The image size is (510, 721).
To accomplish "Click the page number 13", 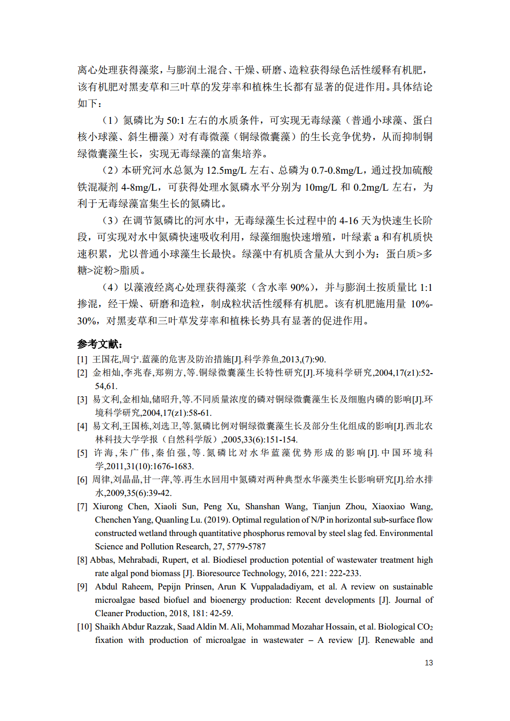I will tap(428, 663).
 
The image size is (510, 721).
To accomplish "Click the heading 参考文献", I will tap(100, 344).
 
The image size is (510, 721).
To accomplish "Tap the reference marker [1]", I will tap(82, 359).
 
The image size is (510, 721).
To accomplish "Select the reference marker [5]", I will tap(82, 453).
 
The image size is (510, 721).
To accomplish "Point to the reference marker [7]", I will tap(82, 506).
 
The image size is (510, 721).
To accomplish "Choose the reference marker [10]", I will tap(84, 626).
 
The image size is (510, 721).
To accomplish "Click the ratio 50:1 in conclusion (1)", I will tap(175, 120).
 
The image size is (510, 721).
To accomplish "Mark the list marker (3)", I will tap(111, 220).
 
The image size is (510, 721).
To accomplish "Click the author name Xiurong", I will tap(107, 506).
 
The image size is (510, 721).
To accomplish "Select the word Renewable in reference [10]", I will tap(394, 640).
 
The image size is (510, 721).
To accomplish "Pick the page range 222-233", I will tap(344, 573).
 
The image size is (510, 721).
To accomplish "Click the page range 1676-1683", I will tap(173, 466).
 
